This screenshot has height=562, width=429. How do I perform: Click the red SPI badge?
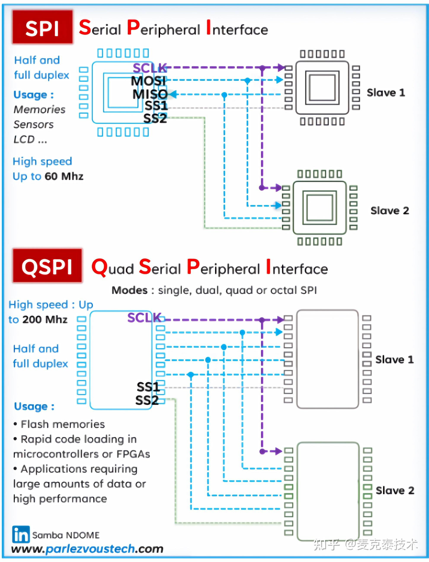click(42, 27)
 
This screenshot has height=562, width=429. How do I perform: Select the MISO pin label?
click(150, 94)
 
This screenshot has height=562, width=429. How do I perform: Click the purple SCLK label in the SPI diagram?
click(150, 68)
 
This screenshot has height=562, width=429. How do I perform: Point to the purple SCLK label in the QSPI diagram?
click(144, 318)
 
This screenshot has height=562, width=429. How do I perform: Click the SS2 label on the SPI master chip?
click(155, 119)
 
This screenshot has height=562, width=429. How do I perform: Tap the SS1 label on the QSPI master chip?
click(148, 387)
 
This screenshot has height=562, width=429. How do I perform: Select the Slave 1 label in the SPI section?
click(386, 93)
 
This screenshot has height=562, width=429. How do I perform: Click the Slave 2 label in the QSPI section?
click(395, 490)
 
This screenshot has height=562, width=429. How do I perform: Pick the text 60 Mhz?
click(64, 176)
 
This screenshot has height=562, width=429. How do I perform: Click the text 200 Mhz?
click(45, 319)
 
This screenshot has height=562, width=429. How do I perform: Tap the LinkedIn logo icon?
click(21, 534)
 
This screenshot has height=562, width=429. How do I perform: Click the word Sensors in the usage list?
click(34, 124)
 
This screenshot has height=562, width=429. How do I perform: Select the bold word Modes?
click(130, 290)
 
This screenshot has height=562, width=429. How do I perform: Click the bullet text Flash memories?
click(62, 424)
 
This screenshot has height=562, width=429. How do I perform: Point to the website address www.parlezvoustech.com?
click(87, 549)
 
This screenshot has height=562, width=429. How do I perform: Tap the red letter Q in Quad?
click(99, 267)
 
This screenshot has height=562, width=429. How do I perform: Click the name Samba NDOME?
click(66, 535)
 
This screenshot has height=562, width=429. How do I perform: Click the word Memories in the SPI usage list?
click(40, 109)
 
